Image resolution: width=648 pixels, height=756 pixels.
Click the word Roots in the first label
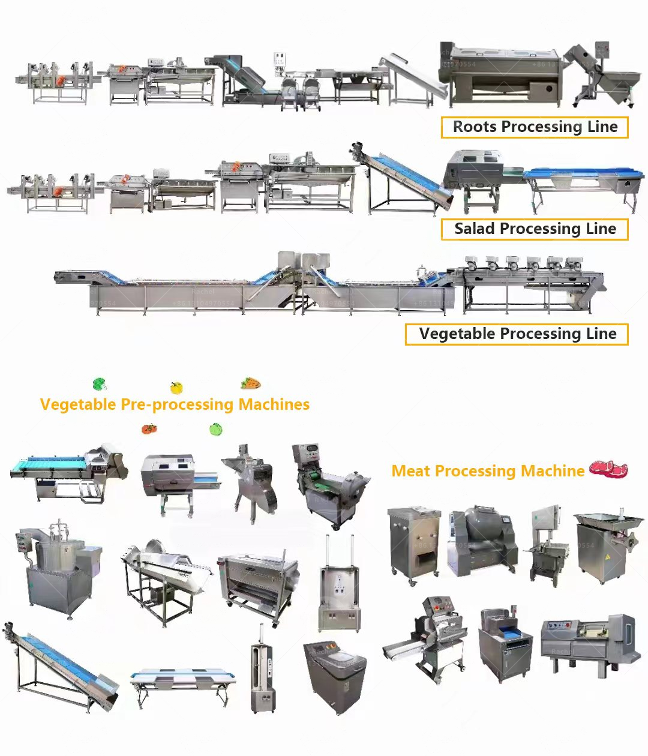coord(475,127)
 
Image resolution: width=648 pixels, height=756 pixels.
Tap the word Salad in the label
coord(474,229)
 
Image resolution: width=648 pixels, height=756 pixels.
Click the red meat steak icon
coord(608,469)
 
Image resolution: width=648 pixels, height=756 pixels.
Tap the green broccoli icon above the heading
coord(100,384)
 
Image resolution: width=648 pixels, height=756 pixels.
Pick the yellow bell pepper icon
coord(176,388)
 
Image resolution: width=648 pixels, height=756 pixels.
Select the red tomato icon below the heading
coord(149,428)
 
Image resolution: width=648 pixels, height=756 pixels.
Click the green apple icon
coord(216,429)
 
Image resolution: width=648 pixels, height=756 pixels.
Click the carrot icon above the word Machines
coord(251,383)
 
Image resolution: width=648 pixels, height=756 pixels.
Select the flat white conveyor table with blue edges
coord(182,681)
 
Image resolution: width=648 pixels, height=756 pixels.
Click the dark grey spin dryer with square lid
coord(335,675)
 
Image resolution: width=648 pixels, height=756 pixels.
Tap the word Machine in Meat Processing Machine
coord(553,472)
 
